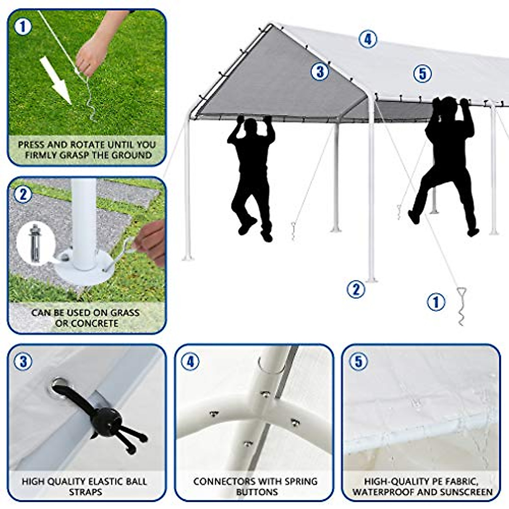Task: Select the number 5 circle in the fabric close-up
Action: point(358,362)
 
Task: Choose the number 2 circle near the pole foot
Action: point(355,289)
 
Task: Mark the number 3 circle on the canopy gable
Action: point(319,72)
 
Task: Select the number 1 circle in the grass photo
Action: point(23,27)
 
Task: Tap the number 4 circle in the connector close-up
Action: point(190,362)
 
